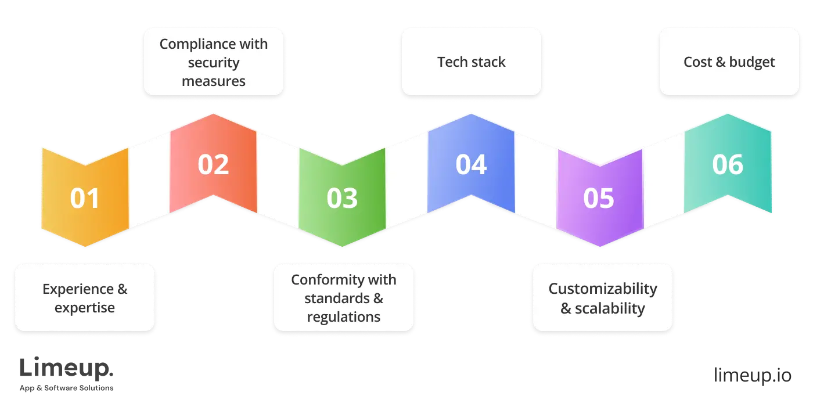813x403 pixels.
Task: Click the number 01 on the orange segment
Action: pos(85,199)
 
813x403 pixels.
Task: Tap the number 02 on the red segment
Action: pos(213,164)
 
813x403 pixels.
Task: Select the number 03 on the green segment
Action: pos(342,199)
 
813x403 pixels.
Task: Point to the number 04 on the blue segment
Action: pos(471,164)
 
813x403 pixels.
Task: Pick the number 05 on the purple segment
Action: pos(599,199)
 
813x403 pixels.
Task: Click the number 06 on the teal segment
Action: pos(728,164)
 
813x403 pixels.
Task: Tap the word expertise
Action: pos(85,308)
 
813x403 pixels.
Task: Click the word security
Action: pos(214,63)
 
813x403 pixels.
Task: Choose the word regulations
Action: pos(343,317)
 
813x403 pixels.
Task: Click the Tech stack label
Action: pos(471,62)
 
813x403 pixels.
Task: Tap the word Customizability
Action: pos(603,289)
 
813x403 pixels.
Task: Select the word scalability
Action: pos(610,308)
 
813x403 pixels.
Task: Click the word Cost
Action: pos(697,62)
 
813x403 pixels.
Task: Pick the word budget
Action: pos(752,62)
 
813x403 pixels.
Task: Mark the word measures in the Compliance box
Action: pos(214,81)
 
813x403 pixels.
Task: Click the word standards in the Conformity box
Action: pos(335,298)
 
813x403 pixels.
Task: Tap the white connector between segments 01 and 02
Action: pos(149,180)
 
